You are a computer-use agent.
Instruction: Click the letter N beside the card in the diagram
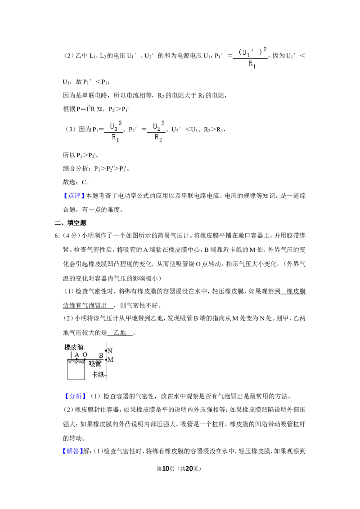[110, 351]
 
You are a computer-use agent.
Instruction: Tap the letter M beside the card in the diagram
[110, 360]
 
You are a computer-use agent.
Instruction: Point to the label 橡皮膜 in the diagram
[74, 347]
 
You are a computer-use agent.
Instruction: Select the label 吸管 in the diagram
[95, 364]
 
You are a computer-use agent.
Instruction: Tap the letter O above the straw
[85, 355]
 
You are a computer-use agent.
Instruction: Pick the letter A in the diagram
[76, 355]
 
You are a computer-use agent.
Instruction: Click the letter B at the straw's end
[101, 356]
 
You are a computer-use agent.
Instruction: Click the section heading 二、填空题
[71, 223]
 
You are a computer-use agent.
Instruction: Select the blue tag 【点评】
[74, 196]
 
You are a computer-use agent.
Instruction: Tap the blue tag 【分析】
[75, 396]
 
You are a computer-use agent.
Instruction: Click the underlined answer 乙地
[120, 332]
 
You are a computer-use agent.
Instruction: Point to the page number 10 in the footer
[166, 469]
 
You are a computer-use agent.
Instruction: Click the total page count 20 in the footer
[189, 469]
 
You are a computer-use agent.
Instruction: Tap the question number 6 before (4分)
[57, 236]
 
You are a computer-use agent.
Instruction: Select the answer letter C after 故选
[84, 182]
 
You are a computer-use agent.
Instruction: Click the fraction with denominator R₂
[157, 131]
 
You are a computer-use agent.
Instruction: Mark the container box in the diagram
[76, 370]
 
